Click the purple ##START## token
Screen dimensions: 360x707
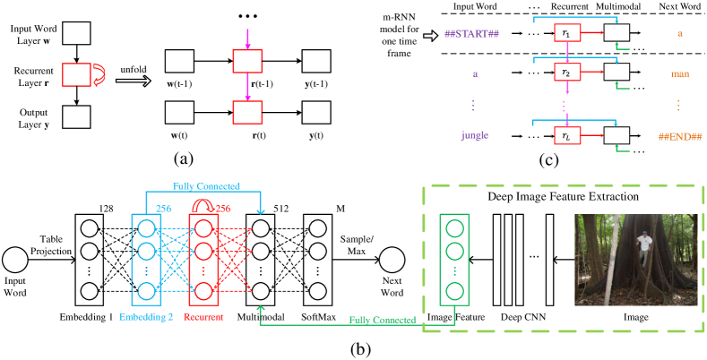471,34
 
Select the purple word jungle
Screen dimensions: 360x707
474,136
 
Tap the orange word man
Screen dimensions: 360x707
679,73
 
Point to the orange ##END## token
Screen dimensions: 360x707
679,136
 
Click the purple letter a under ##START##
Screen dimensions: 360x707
474,74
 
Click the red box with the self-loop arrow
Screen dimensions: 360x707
76,74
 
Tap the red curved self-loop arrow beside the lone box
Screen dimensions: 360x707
99,75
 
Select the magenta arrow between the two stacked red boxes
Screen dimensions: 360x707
247,87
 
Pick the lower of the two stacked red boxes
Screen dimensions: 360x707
247,112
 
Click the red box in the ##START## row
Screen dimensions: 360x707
566,33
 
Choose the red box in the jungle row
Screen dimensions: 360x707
566,135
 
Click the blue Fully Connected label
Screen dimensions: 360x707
206,186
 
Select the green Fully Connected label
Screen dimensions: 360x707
383,320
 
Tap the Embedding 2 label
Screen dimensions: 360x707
146,317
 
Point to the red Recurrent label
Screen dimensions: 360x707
203,317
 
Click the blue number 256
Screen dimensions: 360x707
164,209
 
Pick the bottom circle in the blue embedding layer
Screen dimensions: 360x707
146,291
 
